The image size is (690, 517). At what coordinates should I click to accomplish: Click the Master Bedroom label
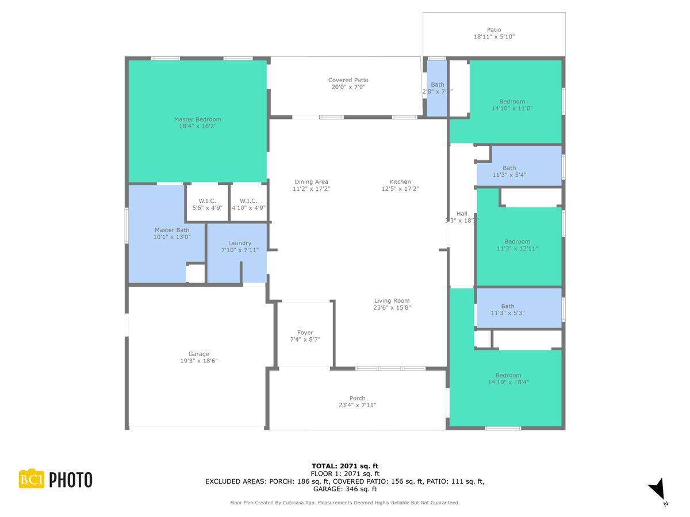[x=197, y=119]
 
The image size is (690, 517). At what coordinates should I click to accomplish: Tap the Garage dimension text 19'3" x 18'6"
[x=199, y=361]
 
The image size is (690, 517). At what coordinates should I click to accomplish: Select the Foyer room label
[x=305, y=333]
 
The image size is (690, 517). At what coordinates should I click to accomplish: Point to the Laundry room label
[x=240, y=243]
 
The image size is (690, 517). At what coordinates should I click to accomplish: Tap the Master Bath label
[x=172, y=230]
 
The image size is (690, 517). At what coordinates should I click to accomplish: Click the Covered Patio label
[x=348, y=80]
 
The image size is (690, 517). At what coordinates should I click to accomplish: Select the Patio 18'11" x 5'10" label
[x=494, y=33]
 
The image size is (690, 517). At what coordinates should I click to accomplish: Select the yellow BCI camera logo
[x=32, y=479]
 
